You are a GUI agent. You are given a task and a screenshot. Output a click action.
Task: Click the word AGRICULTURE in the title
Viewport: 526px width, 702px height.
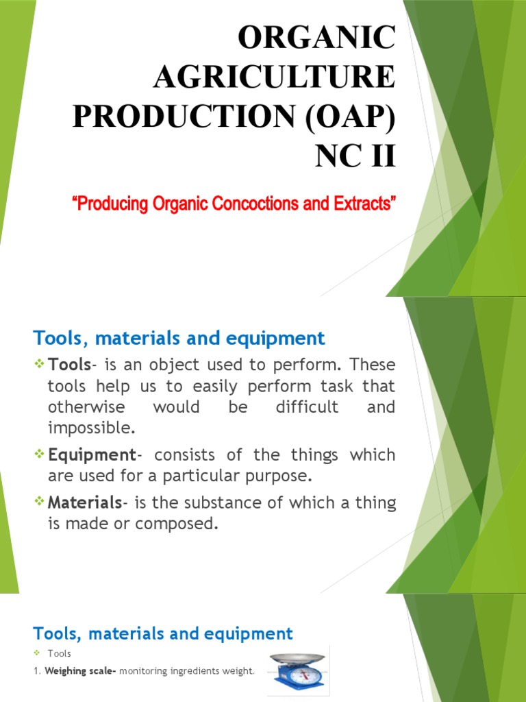click(274, 77)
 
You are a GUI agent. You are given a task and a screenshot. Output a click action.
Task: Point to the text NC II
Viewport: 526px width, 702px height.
click(355, 156)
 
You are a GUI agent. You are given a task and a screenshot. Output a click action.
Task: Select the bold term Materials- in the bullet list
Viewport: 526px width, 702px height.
click(87, 503)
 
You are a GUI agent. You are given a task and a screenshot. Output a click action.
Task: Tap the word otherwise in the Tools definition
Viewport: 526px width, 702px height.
click(86, 407)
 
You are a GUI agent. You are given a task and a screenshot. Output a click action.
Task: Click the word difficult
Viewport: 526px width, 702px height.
click(307, 407)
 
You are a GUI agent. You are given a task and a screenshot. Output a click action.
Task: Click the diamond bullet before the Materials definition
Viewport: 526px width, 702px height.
click(39, 503)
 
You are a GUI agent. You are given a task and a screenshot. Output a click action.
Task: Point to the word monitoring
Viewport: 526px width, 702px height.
click(141, 671)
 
